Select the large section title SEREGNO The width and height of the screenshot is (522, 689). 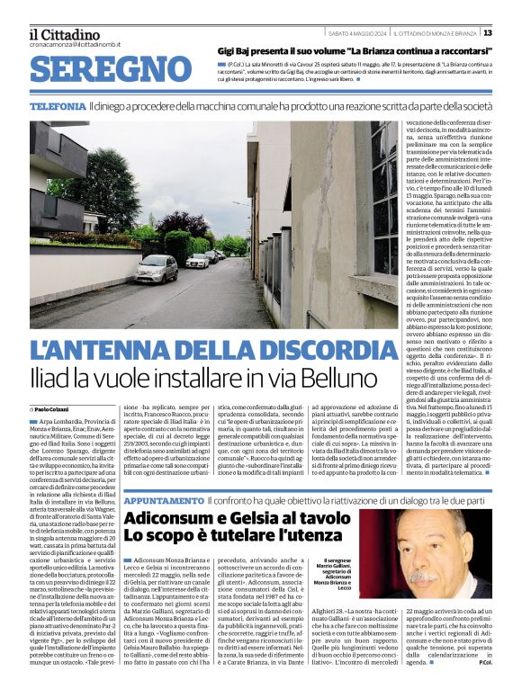coord(115,71)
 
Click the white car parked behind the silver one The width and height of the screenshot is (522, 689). coord(198,261)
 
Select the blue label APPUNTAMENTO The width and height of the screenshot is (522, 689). coord(163,499)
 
